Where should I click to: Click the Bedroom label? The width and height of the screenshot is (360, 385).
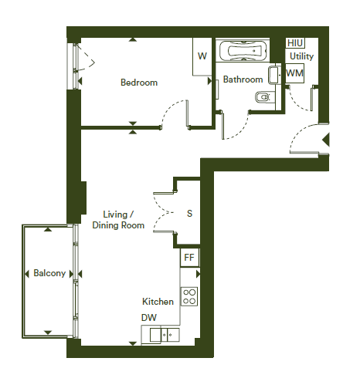[139, 83]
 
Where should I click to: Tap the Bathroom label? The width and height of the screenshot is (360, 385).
[243, 79]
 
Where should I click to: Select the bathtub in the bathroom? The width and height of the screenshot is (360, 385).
[243, 51]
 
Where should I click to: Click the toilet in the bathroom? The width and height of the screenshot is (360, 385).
[263, 97]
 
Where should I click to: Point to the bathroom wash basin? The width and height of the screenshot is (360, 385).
[274, 75]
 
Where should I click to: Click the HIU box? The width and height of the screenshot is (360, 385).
[295, 43]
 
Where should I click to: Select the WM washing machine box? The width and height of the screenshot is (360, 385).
[295, 73]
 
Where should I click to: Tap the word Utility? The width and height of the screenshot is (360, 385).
[301, 56]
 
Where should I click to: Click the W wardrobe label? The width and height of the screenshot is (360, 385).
[202, 56]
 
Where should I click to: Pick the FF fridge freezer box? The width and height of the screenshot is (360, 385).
[189, 258]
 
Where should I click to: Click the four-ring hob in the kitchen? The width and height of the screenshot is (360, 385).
[189, 296]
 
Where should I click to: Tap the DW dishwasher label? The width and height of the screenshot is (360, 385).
[149, 318]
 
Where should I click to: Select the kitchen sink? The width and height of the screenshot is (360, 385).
[165, 335]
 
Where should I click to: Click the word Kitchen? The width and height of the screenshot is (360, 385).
[158, 302]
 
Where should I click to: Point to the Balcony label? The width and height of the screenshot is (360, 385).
[49, 273]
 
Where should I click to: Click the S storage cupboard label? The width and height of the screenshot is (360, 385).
[189, 214]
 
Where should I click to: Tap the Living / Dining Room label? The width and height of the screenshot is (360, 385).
[118, 220]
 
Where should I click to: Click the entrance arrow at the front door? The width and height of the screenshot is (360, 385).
[326, 140]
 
